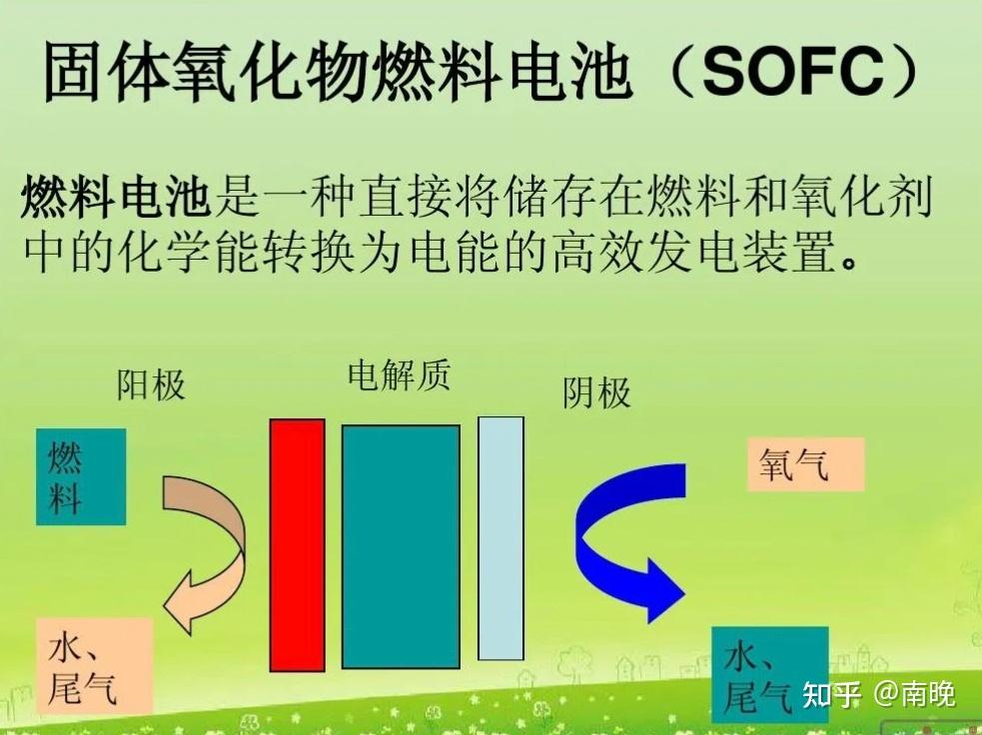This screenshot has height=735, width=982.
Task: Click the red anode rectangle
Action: click(x=298, y=545)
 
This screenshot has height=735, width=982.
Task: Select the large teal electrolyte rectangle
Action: click(x=401, y=546)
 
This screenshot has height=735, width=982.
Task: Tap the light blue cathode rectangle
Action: click(x=500, y=538)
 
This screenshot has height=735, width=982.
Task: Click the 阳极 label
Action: click(x=151, y=384)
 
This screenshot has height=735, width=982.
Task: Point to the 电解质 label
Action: click(x=399, y=375)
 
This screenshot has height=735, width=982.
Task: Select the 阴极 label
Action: click(x=596, y=393)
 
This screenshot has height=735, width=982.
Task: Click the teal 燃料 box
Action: click(x=81, y=477)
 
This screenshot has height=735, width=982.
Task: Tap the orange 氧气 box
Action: click(x=805, y=464)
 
